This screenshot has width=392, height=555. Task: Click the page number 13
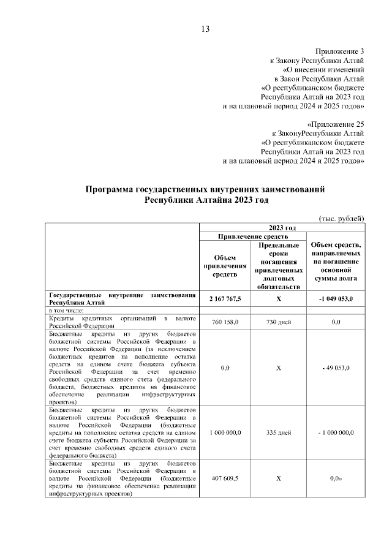point(205,29)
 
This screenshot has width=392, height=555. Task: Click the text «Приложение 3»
point(340,51)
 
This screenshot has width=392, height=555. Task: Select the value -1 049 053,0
point(335,298)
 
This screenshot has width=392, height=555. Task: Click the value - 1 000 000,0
point(335,432)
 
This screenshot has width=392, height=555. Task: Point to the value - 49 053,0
point(335,369)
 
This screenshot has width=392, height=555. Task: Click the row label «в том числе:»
point(67,311)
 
